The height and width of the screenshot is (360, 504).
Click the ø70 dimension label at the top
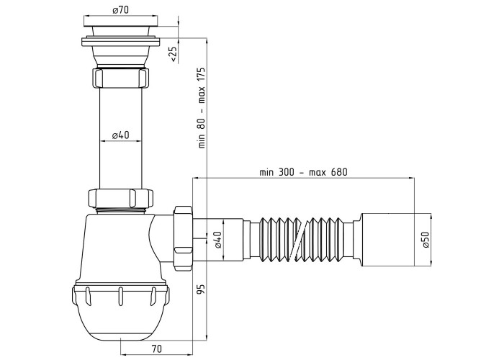[x=120, y=10]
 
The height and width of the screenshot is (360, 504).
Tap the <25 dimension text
[x=173, y=54]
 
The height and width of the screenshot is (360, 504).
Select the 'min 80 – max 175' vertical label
[x=202, y=108]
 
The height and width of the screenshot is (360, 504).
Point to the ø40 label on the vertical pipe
[x=120, y=135]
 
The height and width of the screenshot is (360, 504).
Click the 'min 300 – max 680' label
[x=303, y=172]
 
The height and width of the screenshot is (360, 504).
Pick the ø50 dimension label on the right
[x=426, y=240]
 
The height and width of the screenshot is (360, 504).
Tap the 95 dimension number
[x=202, y=288]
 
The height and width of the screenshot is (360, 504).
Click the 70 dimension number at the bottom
[x=156, y=348]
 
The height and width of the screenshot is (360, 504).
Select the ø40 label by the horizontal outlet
[x=218, y=240]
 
